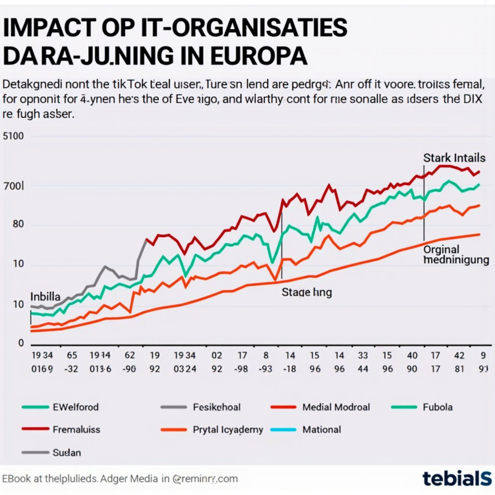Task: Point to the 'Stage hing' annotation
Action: [307, 292]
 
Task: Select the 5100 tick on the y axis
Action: [14, 136]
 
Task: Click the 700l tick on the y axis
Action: [14, 186]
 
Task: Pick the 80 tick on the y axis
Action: [16, 225]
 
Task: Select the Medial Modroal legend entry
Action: [336, 407]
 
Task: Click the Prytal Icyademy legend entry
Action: [228, 429]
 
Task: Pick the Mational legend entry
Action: [321, 429]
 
